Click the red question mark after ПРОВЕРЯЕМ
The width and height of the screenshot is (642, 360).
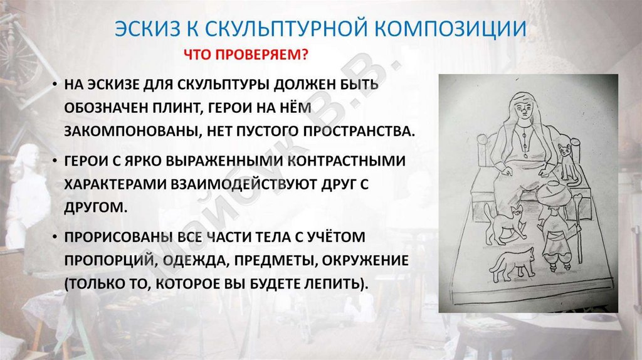304,55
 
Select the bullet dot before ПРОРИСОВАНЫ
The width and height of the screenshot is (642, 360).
55,236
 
